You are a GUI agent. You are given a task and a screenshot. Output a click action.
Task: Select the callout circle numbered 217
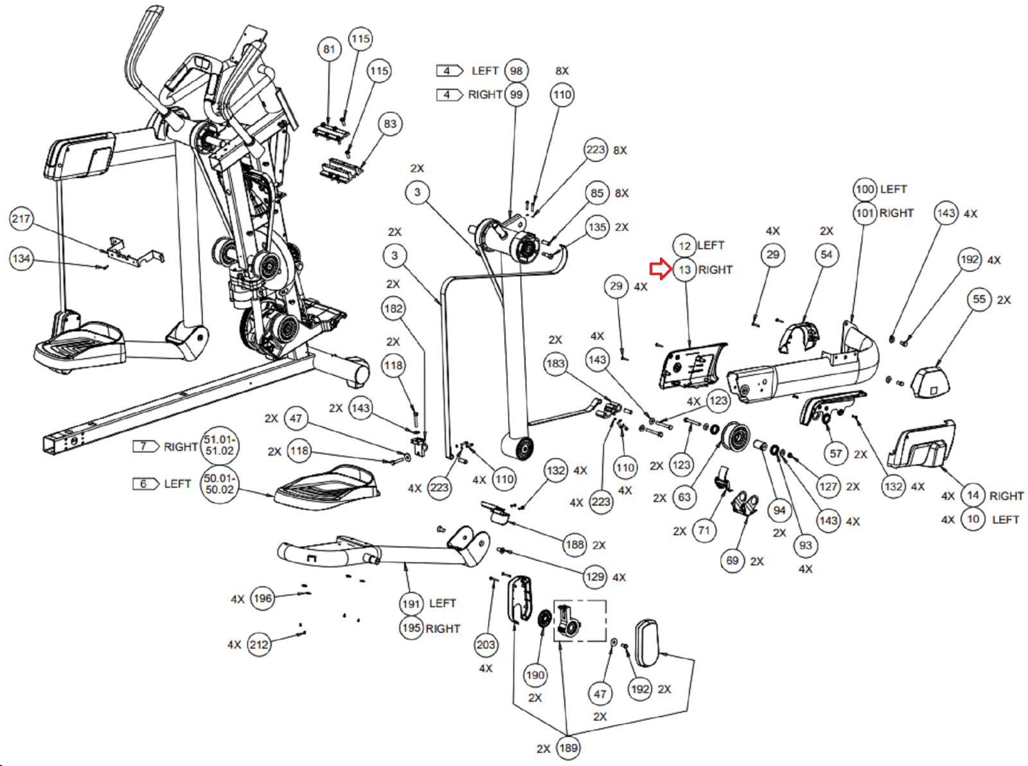tap(21, 218)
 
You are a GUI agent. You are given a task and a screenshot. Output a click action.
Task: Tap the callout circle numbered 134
tap(21, 258)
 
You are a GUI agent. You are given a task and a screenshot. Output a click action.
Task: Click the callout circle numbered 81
tap(329, 49)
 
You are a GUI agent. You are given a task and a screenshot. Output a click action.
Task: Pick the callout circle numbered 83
tap(390, 124)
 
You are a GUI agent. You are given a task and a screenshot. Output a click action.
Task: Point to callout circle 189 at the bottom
tap(568, 747)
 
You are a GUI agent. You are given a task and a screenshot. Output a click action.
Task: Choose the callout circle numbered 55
tap(979, 299)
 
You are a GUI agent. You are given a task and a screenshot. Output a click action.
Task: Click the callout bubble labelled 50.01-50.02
tap(219, 484)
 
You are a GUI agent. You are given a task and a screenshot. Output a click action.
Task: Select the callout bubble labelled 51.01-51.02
tap(219, 445)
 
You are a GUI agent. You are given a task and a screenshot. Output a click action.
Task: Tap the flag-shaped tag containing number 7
tap(145, 447)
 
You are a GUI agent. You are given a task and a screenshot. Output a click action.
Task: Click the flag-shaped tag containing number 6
tap(145, 484)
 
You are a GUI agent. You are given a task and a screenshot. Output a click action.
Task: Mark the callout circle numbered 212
tap(259, 645)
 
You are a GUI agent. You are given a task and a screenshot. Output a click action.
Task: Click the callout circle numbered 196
tap(262, 598)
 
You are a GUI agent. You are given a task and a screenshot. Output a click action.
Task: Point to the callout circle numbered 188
tap(574, 544)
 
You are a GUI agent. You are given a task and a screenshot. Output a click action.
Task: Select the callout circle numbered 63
tap(684, 497)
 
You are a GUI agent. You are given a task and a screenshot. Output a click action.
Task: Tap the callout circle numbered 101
tap(865, 213)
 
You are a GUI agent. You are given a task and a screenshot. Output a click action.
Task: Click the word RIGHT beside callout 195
tap(443, 628)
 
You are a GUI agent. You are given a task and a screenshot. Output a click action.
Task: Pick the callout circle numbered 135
tap(597, 227)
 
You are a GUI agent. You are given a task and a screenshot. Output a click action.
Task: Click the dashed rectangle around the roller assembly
tap(580, 621)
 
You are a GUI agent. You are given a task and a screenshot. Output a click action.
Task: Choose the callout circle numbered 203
tap(486, 645)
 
